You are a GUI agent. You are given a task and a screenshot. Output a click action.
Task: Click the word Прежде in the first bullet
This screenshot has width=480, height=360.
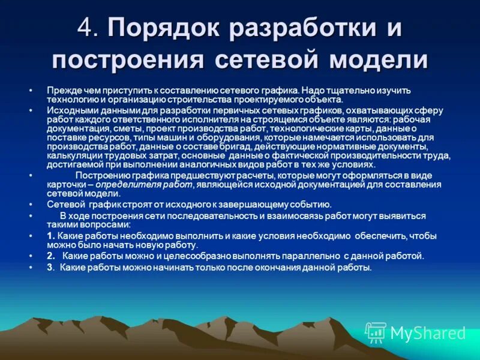(x=61, y=90)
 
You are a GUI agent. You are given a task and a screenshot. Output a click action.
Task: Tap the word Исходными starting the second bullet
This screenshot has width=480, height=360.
(x=70, y=111)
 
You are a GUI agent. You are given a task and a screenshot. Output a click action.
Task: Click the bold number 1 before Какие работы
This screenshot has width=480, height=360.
(x=50, y=235)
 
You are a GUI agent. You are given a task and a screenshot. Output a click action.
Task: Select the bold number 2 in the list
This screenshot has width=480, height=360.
(x=50, y=256)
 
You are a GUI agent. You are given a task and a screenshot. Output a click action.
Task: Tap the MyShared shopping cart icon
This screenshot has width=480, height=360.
(x=376, y=332)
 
